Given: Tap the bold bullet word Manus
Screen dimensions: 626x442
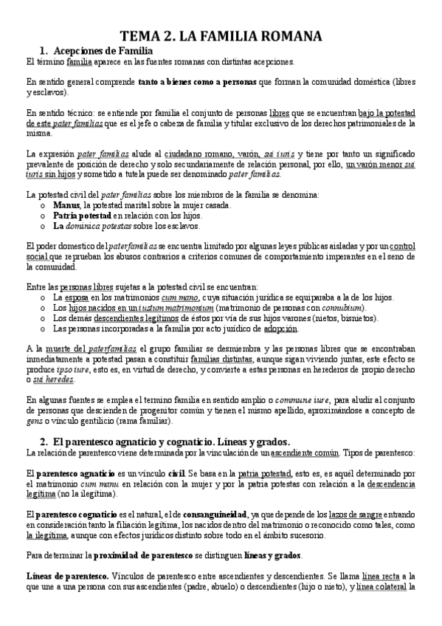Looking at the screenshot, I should click(66, 204).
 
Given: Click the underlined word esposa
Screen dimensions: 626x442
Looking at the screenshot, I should click(76, 297).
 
